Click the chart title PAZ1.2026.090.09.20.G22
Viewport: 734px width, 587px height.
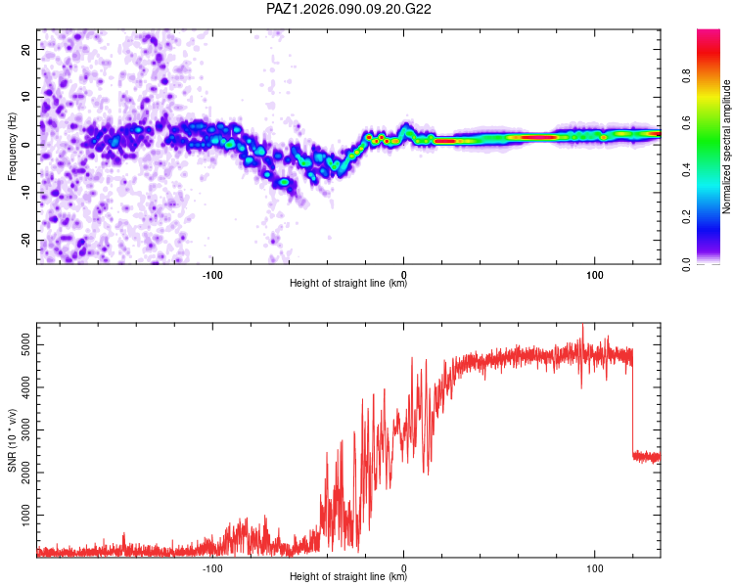coord(349,9)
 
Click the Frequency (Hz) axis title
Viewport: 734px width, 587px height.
coord(12,146)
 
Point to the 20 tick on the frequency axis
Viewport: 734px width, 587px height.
coord(26,48)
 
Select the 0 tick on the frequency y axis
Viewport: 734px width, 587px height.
coord(26,144)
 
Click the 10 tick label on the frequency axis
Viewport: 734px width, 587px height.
coord(26,96)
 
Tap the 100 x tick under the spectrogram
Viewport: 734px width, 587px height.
coord(595,273)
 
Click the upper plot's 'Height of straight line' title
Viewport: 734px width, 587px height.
coord(348,284)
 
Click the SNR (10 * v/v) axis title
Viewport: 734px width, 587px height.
coord(12,439)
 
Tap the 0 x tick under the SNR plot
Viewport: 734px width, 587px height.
coord(404,567)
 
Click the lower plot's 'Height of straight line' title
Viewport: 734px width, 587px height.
coord(348,577)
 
